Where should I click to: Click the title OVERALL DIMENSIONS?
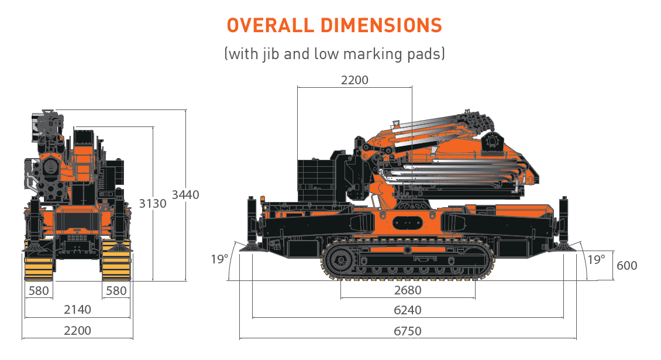click(334, 26)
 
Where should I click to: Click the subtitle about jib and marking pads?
click(334, 54)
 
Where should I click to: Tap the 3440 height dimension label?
click(185, 195)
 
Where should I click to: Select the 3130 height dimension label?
click(153, 204)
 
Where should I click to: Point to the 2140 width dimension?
click(77, 309)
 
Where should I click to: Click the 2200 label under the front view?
click(77, 331)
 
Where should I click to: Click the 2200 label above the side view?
click(354, 80)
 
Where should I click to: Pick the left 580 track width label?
click(39, 290)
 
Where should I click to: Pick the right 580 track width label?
click(115, 290)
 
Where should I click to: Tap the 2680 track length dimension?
click(408, 290)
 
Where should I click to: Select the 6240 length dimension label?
click(408, 310)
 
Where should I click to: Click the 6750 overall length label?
click(408, 331)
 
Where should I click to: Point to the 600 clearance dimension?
click(626, 265)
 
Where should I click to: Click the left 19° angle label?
click(219, 258)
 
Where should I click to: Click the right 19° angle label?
click(596, 258)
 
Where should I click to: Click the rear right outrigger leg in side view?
click(564, 222)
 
